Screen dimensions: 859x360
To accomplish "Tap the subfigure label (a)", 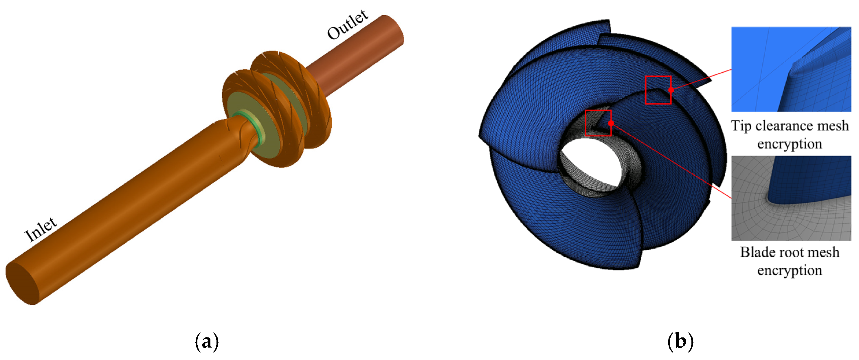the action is coord(207,342).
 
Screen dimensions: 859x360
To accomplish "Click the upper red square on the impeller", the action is coord(658,76).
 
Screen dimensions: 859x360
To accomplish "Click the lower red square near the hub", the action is coord(598,110).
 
